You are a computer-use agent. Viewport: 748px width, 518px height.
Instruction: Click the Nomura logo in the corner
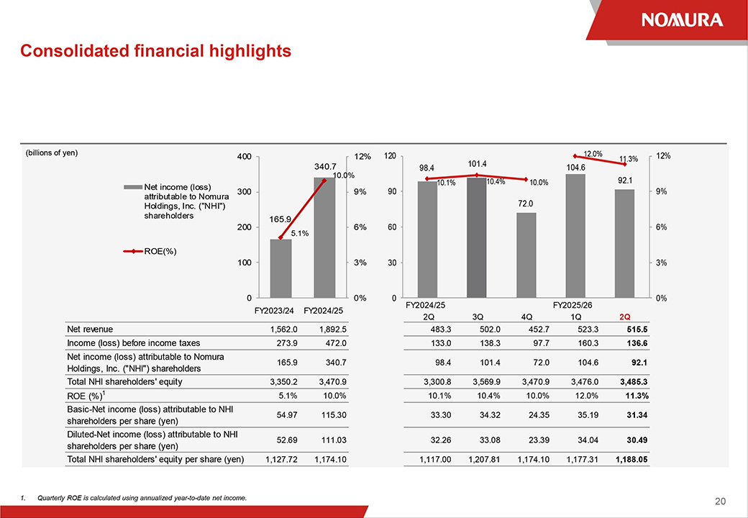(683, 19)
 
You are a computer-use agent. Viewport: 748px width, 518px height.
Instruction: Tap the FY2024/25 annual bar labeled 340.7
(324, 237)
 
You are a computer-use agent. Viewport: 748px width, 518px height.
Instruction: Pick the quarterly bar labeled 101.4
(477, 237)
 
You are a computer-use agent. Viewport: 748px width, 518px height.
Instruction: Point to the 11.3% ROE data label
(629, 159)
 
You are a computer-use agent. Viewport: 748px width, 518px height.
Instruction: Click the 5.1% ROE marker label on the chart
(300, 233)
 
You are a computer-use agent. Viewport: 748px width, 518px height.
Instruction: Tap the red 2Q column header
(624, 317)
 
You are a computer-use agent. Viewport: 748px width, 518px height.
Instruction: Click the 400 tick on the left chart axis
(244, 157)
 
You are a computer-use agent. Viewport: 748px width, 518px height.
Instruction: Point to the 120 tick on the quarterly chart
(391, 156)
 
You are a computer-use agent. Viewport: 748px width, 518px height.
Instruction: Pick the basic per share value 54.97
(281, 414)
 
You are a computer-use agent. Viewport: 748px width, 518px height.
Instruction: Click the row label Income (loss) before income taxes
(133, 342)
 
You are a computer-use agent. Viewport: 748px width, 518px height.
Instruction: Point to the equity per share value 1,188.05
(630, 459)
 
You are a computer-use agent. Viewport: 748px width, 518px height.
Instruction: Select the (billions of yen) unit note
(51, 153)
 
